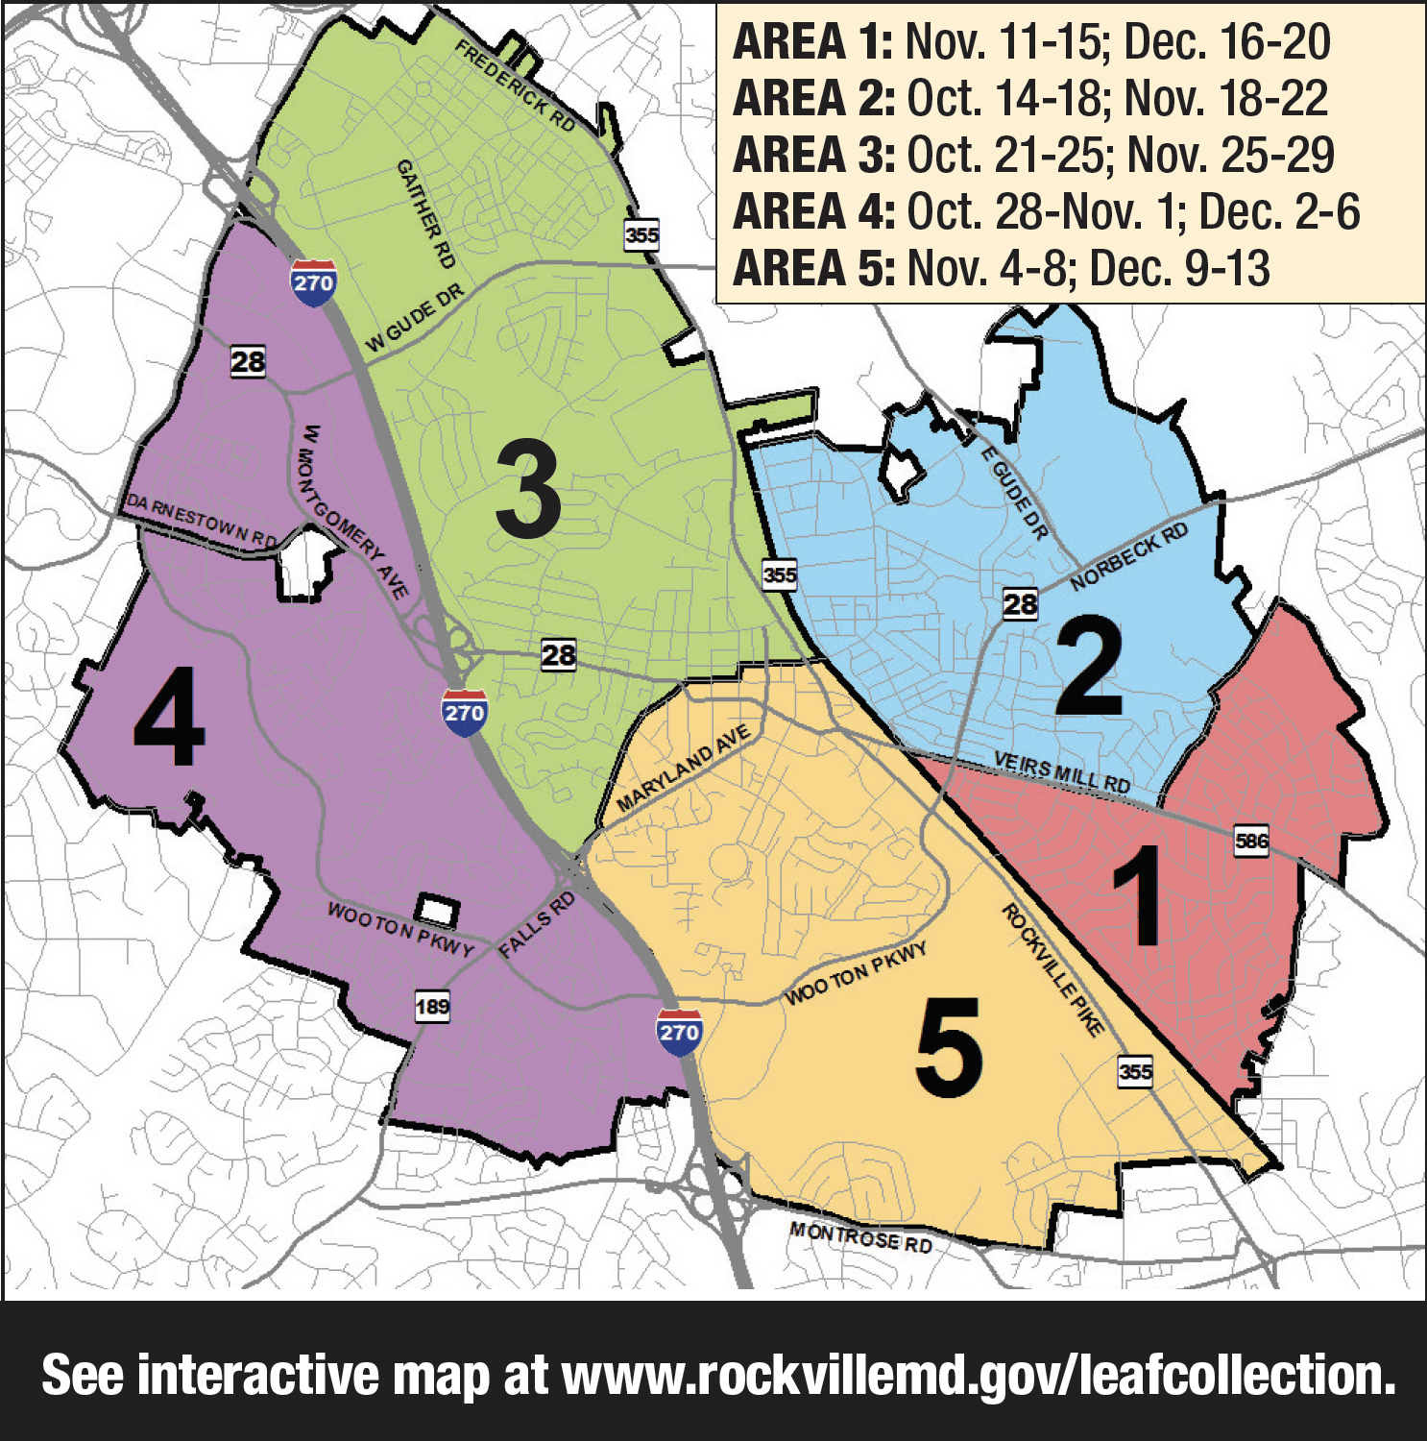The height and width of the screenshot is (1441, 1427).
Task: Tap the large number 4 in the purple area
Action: pos(170,718)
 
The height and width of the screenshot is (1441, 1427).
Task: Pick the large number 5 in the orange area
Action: pos(949,1046)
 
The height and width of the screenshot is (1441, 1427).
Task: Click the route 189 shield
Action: pos(432,1007)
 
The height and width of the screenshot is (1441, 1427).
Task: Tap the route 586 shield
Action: pos(1251,842)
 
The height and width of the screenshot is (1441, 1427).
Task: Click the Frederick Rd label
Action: pos(516,86)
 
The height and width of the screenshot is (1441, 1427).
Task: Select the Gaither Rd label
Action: pos(426,213)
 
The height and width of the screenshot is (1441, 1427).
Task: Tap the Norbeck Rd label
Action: pos(1128,557)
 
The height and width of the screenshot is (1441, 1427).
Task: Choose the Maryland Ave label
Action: pos(683,770)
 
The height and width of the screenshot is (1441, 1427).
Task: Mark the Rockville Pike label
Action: pos(1052,970)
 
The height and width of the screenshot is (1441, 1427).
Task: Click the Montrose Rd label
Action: pos(860,1237)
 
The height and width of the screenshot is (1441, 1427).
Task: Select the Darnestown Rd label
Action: pos(202,521)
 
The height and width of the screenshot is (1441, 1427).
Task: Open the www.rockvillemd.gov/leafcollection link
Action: pos(978,1376)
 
